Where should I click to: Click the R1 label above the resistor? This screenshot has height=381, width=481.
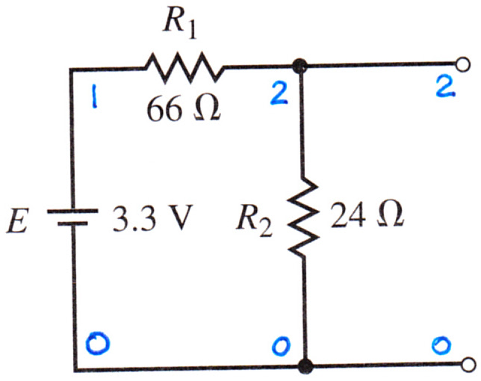(x=179, y=25)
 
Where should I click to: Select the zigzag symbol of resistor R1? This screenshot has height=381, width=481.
(x=184, y=68)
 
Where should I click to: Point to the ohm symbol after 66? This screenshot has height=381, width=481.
(x=206, y=108)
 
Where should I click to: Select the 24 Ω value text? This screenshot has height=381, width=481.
(x=366, y=214)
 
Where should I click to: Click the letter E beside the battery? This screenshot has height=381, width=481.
(x=18, y=220)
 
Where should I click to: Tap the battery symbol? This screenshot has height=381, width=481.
(x=72, y=217)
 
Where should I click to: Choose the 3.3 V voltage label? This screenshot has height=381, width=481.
(x=152, y=217)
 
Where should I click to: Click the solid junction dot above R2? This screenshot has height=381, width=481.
(x=299, y=65)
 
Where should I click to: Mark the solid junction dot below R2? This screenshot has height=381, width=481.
(x=305, y=366)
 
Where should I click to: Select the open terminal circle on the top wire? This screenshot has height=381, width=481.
(x=463, y=65)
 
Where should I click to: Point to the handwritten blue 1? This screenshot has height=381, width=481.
(x=94, y=96)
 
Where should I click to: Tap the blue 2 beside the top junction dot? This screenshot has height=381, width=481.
(x=279, y=93)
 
